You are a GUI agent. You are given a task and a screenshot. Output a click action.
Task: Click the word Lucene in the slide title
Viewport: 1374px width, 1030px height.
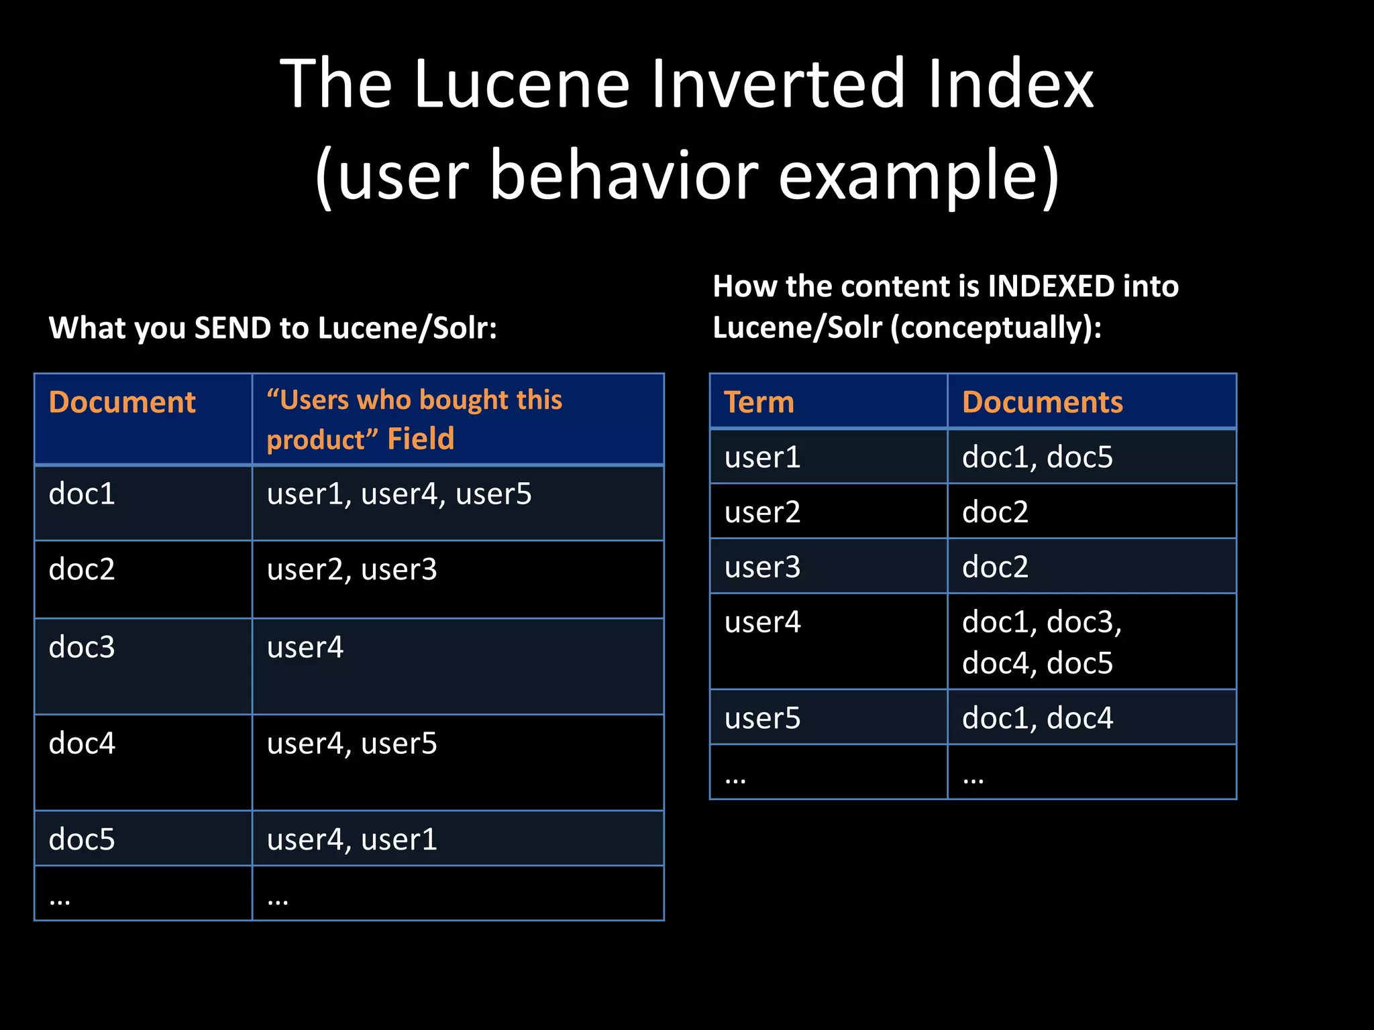tap(522, 84)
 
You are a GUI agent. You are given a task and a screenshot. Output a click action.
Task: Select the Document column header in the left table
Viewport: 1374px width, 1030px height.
tap(122, 402)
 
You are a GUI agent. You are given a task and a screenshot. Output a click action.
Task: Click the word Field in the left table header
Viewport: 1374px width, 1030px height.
tap(421, 439)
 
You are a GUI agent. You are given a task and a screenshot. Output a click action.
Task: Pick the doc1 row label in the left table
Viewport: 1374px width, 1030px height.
tap(82, 494)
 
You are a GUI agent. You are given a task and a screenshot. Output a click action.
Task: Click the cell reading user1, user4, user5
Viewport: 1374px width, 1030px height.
tap(399, 494)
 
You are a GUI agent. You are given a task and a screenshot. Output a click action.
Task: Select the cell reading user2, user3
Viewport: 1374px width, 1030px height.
tap(352, 570)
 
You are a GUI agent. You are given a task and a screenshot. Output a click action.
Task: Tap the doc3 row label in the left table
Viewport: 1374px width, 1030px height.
tap(82, 647)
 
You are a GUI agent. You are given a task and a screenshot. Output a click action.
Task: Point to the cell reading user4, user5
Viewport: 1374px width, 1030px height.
tap(352, 744)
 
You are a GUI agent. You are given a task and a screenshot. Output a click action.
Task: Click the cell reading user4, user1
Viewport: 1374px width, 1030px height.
tap(352, 840)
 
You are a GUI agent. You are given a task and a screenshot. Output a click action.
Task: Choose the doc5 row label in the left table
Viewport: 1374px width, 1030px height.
tap(82, 840)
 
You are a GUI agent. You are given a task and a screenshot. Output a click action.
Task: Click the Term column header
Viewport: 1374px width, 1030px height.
tap(759, 402)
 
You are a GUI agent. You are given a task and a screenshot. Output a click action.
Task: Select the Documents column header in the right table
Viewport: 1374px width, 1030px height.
tap(1042, 402)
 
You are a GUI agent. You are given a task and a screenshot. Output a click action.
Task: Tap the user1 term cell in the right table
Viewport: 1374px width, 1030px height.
tap(762, 457)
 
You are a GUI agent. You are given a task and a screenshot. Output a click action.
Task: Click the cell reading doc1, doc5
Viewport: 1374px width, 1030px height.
tap(1037, 457)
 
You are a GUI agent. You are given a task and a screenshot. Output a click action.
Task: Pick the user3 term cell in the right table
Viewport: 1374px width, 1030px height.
tap(762, 567)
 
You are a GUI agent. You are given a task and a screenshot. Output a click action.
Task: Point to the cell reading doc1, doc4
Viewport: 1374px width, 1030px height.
tap(1037, 718)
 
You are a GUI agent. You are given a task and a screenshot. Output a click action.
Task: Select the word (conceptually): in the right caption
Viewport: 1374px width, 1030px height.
tap(996, 328)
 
